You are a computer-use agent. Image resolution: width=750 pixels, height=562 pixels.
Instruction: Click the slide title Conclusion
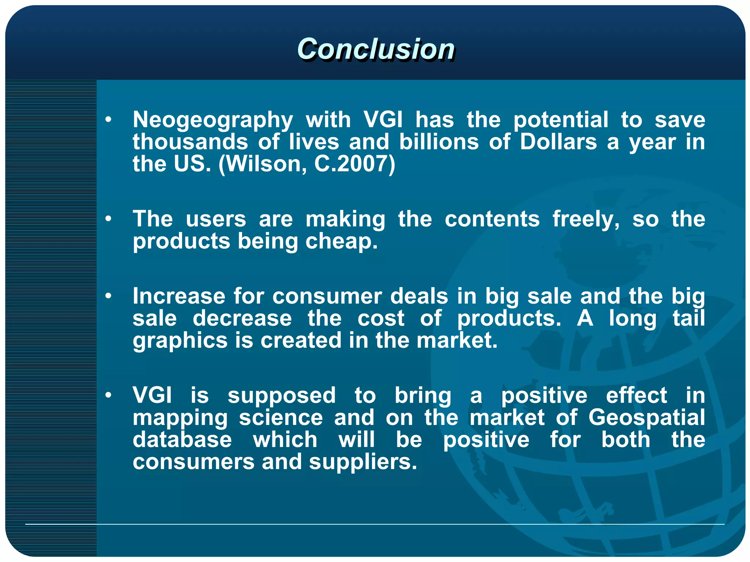tap(376, 49)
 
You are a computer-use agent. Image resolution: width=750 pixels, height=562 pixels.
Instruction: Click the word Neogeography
tap(213, 120)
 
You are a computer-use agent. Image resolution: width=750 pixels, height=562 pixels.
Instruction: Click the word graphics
tap(180, 341)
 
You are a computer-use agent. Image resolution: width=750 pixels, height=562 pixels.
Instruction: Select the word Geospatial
tap(646, 418)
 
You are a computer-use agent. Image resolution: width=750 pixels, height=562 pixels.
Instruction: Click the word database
tap(182, 440)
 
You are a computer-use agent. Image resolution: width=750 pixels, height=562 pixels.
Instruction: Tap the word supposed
tap(281, 396)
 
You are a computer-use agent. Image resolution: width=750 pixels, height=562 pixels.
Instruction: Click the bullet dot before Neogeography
tap(108, 119)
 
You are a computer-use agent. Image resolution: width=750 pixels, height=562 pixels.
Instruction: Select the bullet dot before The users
tap(108, 219)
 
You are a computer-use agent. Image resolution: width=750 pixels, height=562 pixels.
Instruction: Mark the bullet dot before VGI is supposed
tap(108, 395)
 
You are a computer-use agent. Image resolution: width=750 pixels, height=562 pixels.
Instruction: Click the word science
tap(281, 418)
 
